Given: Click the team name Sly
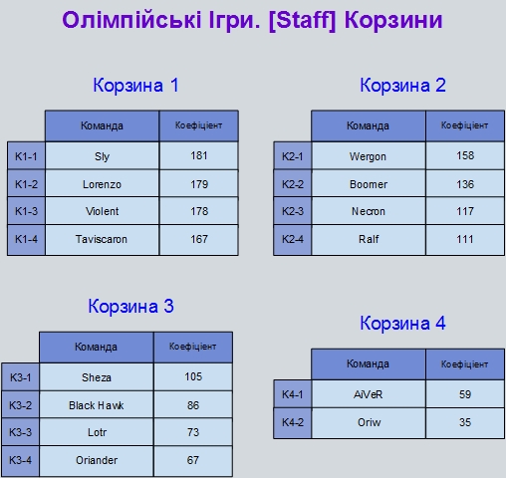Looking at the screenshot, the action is point(102,156).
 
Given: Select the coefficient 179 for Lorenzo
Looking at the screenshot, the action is point(199,184).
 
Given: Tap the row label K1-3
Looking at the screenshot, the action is point(26,211).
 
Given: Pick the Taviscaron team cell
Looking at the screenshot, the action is point(102,239).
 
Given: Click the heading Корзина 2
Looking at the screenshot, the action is point(402,85).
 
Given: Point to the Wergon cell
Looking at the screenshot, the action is point(369,156).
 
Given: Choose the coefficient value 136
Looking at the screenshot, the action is point(465,184).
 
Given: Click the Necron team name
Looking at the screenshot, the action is point(369,211).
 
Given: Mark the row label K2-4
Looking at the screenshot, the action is point(293,239).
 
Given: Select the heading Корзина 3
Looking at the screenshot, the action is point(130,306).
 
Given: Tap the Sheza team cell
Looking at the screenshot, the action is point(97,377).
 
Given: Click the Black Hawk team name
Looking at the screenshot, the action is point(97,405).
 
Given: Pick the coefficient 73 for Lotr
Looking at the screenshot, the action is point(193,432).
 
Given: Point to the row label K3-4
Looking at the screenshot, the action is point(20,460).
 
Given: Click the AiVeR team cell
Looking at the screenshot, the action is point(369,394).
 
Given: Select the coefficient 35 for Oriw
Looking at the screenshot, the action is point(465,422).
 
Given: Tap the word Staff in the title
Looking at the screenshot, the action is point(302,20).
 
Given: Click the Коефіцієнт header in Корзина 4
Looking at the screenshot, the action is point(464,364).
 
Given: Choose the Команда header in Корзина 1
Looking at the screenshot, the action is point(102,125).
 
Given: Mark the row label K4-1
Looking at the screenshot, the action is point(293,394).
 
